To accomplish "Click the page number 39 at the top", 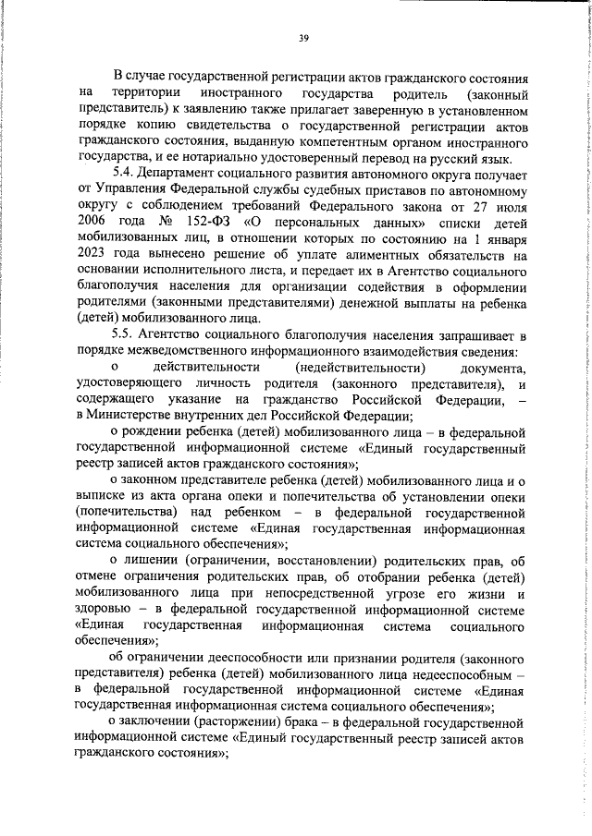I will point(302,38).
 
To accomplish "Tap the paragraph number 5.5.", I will point(125,341).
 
